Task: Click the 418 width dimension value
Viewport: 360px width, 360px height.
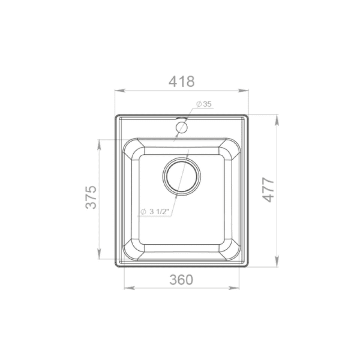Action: [182, 81]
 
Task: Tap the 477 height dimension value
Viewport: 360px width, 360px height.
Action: [268, 189]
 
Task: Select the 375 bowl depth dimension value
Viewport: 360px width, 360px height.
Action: [91, 197]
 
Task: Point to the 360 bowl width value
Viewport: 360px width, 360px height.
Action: [181, 280]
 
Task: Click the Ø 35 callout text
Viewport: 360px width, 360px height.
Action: [204, 104]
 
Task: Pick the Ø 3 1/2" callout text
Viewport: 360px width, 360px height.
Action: [154, 211]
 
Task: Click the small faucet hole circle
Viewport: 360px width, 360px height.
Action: [182, 127]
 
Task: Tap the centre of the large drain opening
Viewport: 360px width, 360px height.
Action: [182, 176]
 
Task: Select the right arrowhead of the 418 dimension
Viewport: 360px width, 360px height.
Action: [243, 90]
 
